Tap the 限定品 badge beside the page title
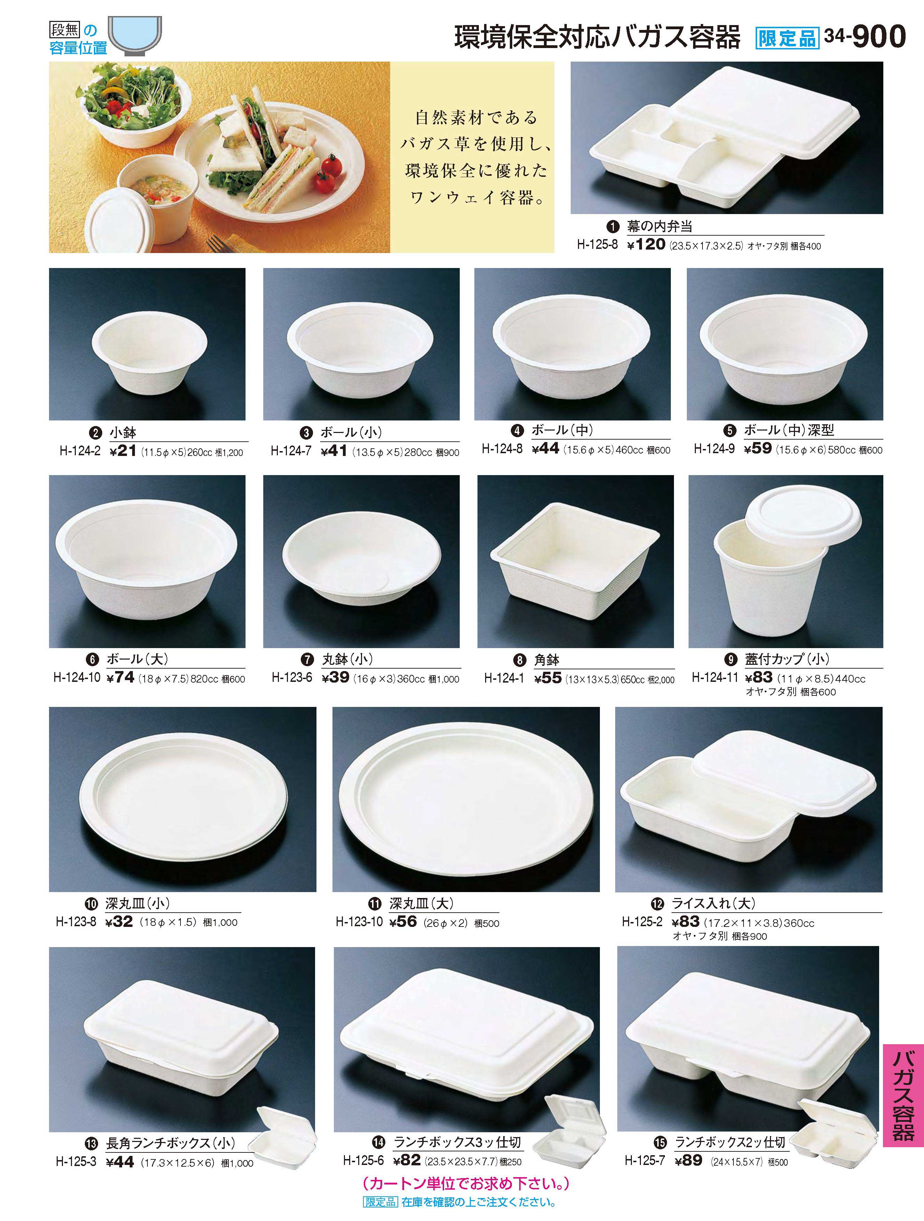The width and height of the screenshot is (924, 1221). [x=787, y=38]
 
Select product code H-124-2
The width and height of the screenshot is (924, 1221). [x=80, y=451]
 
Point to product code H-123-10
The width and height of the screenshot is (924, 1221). [x=359, y=921]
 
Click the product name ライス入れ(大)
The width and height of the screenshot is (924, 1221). [x=713, y=904]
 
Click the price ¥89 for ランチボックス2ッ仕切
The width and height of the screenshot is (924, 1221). [x=689, y=1160]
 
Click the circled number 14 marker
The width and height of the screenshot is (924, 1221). [x=378, y=1142]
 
